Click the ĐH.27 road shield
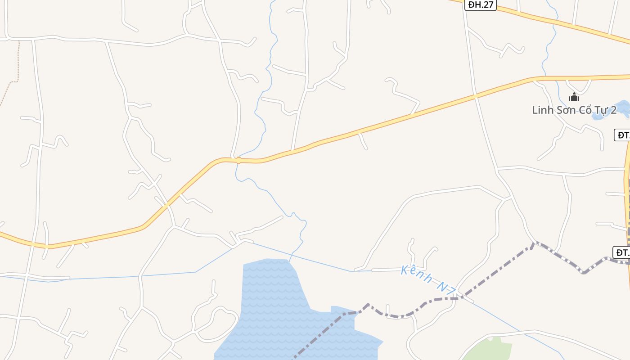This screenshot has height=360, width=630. pyautogui.click(x=480, y=5)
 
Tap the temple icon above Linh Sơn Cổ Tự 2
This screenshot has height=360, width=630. pyautogui.click(x=574, y=96)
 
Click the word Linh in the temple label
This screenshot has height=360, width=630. pyautogui.click(x=542, y=110)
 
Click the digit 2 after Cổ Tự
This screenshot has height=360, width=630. pyautogui.click(x=613, y=110)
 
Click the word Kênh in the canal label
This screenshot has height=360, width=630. pyautogui.click(x=416, y=275)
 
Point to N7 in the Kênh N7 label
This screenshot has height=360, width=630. pyautogui.click(x=448, y=288)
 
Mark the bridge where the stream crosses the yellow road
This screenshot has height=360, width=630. pyautogui.click(x=238, y=160)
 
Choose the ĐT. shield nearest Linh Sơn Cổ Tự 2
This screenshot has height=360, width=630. pyautogui.click(x=622, y=135)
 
